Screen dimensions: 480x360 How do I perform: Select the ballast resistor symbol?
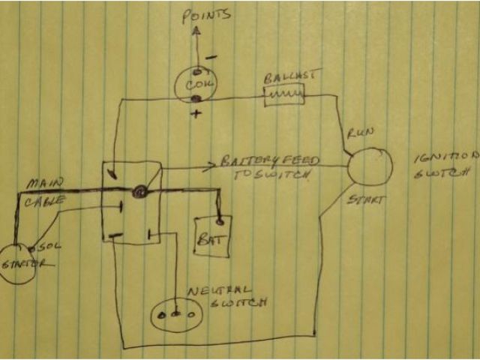(x=283, y=94)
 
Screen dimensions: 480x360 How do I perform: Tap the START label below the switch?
(x=365, y=202)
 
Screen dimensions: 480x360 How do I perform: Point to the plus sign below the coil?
(x=196, y=114)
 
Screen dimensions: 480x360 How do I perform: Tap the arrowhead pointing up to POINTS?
(x=197, y=31)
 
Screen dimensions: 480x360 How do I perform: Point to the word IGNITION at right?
(x=445, y=158)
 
